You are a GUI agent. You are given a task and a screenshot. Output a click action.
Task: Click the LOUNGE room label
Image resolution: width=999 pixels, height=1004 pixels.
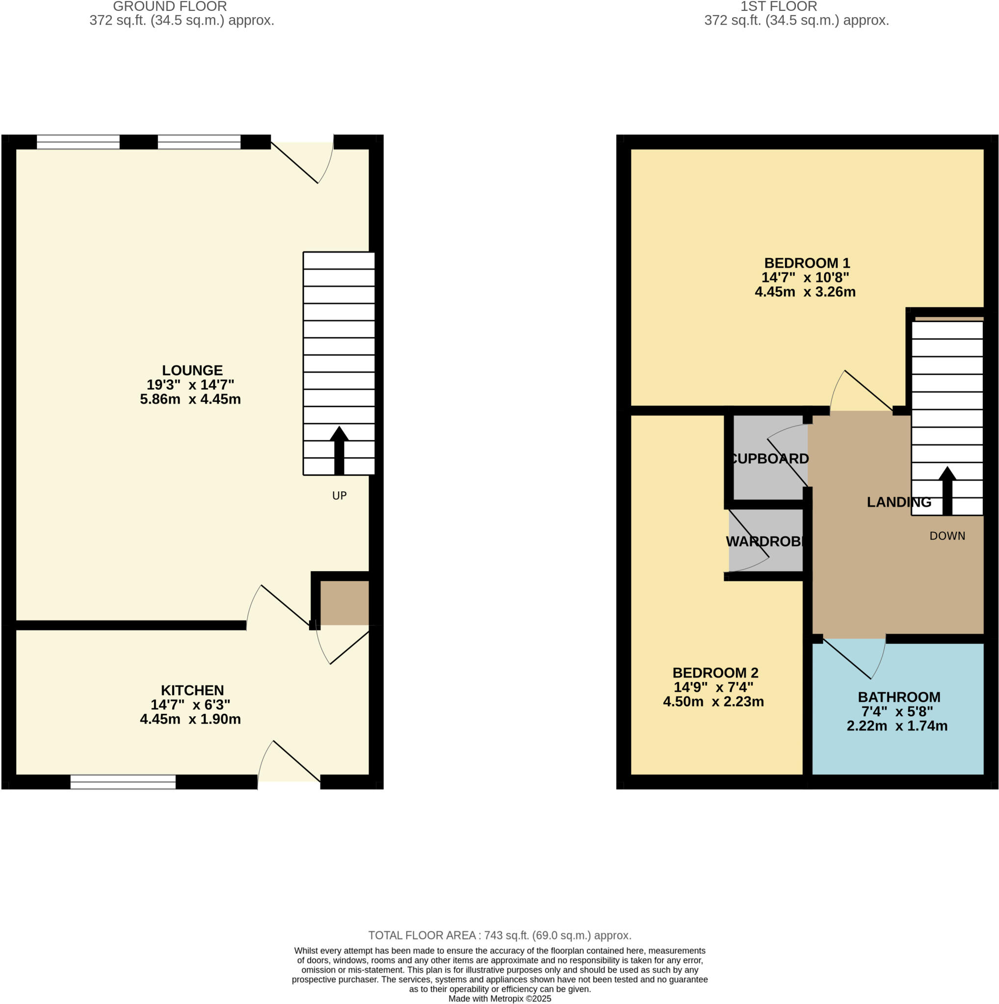[192, 370]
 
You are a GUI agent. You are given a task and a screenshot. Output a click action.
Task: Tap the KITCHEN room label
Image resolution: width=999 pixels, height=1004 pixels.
[192, 690]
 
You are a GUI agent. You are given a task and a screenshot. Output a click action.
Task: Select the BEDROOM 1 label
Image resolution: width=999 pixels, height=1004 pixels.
[807, 263]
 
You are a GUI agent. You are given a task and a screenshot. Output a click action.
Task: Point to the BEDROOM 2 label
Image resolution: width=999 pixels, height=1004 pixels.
[715, 673]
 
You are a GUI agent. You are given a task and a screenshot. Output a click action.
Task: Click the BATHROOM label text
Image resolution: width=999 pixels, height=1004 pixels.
[898, 697]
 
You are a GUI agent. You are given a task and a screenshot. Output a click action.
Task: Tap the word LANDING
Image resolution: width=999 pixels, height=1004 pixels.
[898, 502]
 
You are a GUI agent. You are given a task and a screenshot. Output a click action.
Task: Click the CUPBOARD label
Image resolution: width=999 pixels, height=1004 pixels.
[769, 458]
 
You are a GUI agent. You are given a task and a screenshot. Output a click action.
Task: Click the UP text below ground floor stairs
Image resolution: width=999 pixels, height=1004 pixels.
[339, 495]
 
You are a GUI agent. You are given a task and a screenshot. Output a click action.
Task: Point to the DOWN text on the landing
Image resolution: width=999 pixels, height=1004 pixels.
[947, 536]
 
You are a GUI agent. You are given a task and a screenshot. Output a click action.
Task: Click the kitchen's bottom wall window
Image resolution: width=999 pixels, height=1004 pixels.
[123, 781]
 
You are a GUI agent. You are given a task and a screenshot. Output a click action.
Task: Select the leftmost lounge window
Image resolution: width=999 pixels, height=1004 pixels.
[78, 142]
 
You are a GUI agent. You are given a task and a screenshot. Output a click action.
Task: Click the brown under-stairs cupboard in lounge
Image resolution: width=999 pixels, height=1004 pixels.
[344, 602]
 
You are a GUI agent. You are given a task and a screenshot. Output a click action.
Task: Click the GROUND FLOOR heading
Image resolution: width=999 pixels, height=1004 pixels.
[170, 7]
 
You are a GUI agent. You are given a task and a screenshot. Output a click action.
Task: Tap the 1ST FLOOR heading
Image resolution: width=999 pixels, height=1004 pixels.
[779, 7]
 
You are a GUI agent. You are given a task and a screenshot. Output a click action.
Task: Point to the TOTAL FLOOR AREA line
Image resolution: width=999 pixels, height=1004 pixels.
[499, 935]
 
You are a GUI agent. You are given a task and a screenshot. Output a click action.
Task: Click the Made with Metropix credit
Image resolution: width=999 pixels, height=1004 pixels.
[499, 998]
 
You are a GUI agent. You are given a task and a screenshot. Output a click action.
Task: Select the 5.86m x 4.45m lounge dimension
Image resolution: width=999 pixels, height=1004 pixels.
[190, 399]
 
